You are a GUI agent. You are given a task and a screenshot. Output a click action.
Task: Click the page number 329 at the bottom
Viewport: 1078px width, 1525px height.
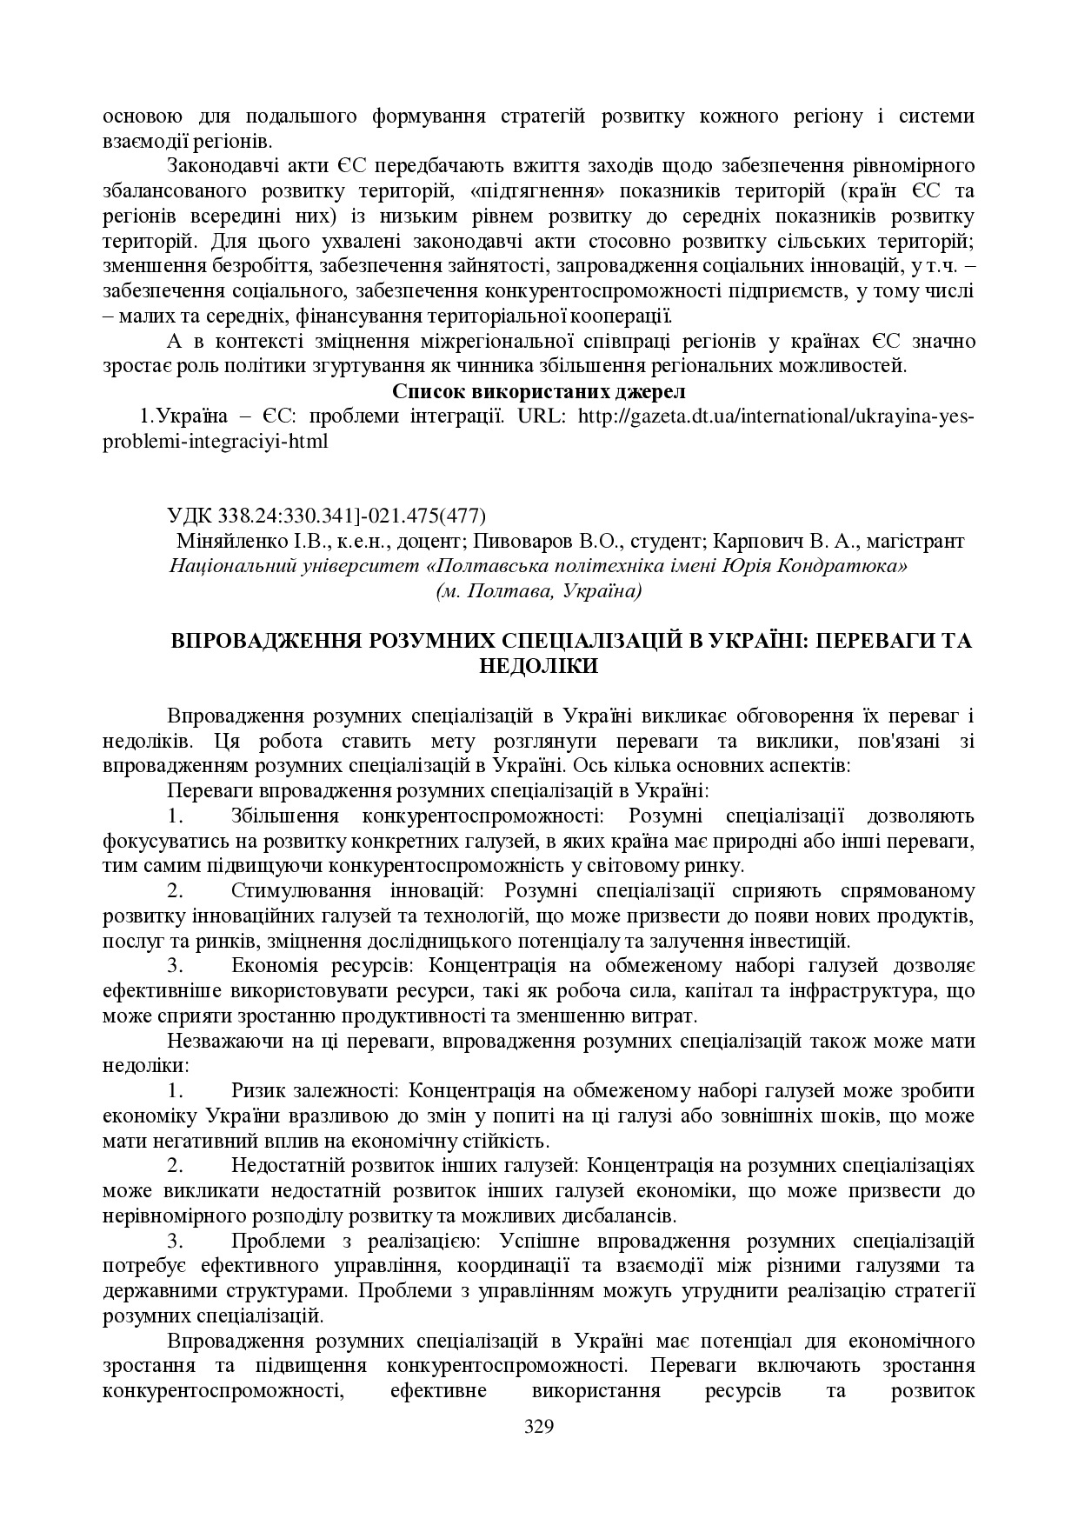[x=539, y=1427]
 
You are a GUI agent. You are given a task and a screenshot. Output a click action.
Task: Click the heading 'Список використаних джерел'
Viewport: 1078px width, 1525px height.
[x=539, y=391]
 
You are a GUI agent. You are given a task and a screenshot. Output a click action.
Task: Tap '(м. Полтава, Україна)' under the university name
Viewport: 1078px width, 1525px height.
[x=539, y=591]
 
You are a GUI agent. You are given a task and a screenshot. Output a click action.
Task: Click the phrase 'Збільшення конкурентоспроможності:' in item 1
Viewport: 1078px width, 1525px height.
[x=416, y=816]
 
